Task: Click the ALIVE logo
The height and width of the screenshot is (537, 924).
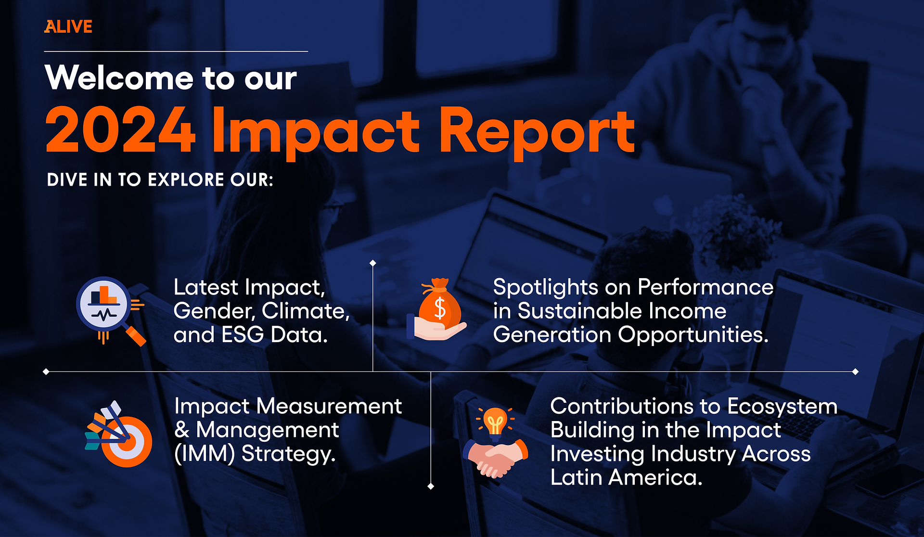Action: pyautogui.click(x=68, y=26)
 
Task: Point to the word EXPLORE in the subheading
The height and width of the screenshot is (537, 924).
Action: pyautogui.click(x=186, y=180)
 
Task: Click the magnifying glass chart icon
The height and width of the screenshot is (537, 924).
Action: pyautogui.click(x=111, y=311)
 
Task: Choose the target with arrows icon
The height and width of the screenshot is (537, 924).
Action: pyautogui.click(x=118, y=434)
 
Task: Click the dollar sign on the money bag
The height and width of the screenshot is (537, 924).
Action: pyautogui.click(x=440, y=308)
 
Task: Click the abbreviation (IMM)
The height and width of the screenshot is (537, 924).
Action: pyautogui.click(x=205, y=454)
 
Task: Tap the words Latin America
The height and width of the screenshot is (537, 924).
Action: pyautogui.click(x=626, y=477)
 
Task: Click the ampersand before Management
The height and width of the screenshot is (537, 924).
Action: pyautogui.click(x=182, y=430)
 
